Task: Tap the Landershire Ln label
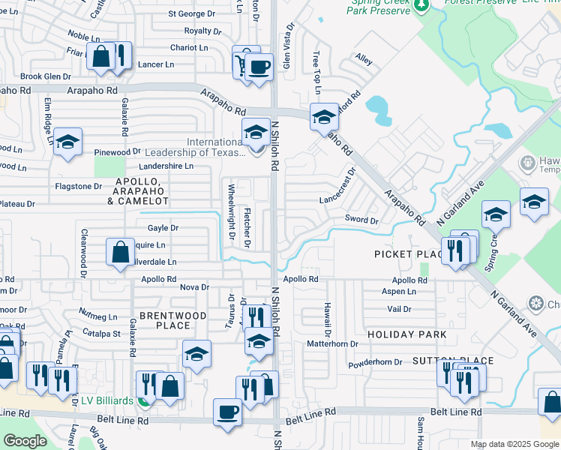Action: [166, 166]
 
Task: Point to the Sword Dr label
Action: [361, 220]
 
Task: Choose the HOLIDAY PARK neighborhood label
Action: [407, 334]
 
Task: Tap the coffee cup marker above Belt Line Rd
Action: [227, 412]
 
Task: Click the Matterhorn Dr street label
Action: [332, 343]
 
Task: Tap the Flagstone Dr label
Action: [78, 186]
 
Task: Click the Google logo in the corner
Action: [25, 441]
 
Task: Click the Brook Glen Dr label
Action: [46, 76]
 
